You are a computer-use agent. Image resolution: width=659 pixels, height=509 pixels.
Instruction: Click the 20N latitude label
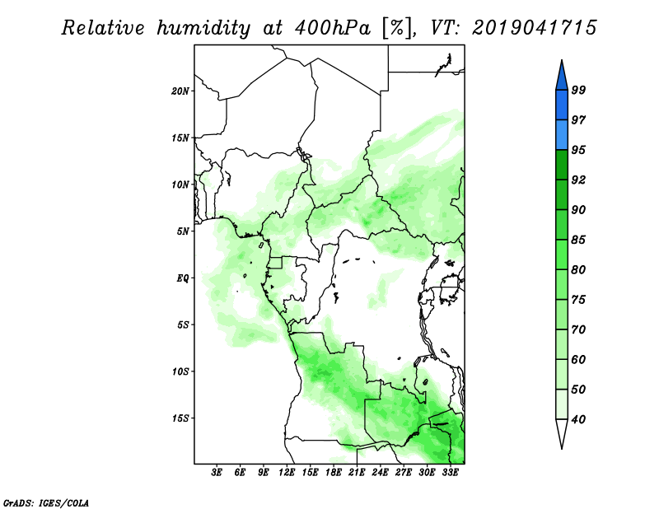pyautogui.click(x=180, y=91)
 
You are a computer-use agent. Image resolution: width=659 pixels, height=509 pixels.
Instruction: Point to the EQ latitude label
pyautogui.click(x=183, y=278)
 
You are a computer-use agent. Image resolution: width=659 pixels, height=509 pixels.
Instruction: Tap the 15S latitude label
pyautogui.click(x=180, y=418)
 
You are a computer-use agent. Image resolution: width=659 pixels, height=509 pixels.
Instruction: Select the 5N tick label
pyautogui.click(x=183, y=231)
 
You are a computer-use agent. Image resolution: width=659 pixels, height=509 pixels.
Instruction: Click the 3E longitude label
pyautogui.click(x=217, y=473)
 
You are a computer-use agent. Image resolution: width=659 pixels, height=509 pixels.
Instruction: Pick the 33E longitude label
pyautogui.click(x=450, y=473)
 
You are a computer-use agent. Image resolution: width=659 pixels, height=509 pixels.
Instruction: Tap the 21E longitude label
pyautogui.click(x=357, y=473)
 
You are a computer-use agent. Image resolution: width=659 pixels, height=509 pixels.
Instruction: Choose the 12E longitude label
pyautogui.click(x=287, y=473)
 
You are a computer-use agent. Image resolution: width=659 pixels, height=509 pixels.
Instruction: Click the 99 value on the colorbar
pyautogui.click(x=578, y=90)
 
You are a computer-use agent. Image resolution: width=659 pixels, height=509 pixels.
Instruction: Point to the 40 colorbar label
pyautogui.click(x=578, y=419)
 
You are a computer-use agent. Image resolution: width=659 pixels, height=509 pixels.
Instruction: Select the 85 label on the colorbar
pyautogui.click(x=578, y=240)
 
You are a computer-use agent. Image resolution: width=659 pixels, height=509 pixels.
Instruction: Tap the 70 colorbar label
pyautogui.click(x=578, y=329)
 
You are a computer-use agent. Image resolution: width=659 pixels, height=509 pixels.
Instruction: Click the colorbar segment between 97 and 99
pyautogui.click(x=562, y=105)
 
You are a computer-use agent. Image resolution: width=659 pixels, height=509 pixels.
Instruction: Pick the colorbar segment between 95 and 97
pyautogui.click(x=562, y=135)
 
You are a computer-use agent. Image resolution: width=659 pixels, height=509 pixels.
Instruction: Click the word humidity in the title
pyautogui.click(x=203, y=28)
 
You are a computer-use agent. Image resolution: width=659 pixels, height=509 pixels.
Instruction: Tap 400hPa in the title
pyautogui.click(x=334, y=28)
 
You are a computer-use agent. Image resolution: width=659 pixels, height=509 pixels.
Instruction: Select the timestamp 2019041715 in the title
pyautogui.click(x=534, y=27)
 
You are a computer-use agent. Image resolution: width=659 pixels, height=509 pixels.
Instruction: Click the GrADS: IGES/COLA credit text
pyautogui.click(x=46, y=502)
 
